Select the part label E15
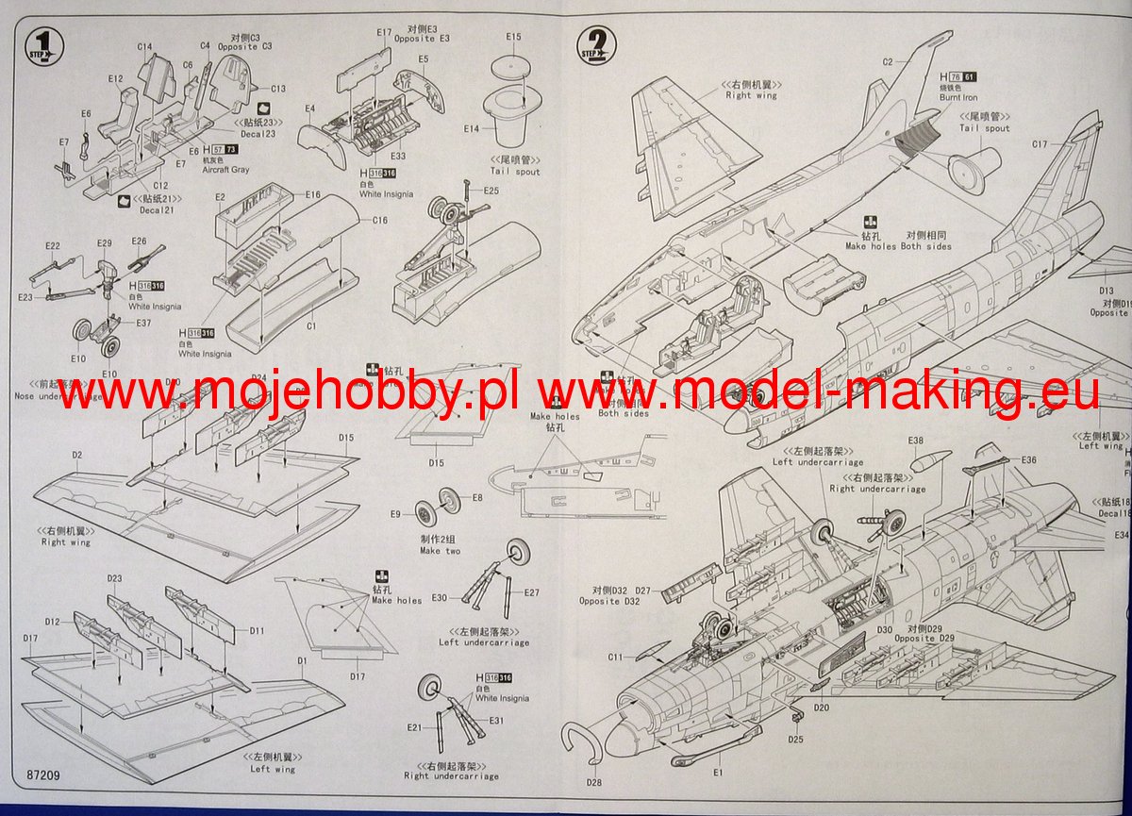[x=512, y=37]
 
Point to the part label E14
[x=471, y=128]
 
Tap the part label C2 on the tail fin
[x=887, y=62]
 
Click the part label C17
[x=1040, y=144]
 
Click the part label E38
[x=915, y=441]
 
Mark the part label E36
[x=1028, y=460]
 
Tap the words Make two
[x=441, y=551]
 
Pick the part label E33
[x=397, y=156]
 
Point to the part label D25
[x=796, y=739]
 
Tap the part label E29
[x=104, y=243]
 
